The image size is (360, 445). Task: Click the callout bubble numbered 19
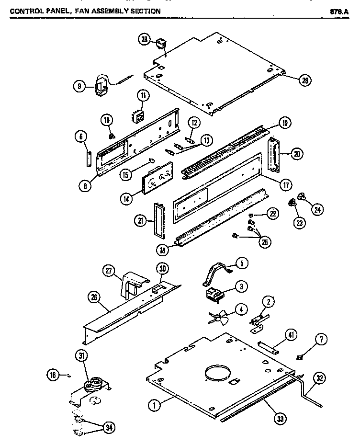[x=284, y=124]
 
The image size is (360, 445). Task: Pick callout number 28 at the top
[x=144, y=40]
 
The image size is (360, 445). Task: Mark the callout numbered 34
[x=109, y=427]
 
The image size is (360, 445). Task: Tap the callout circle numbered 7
[x=320, y=340]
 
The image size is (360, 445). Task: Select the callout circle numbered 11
[x=142, y=96]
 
